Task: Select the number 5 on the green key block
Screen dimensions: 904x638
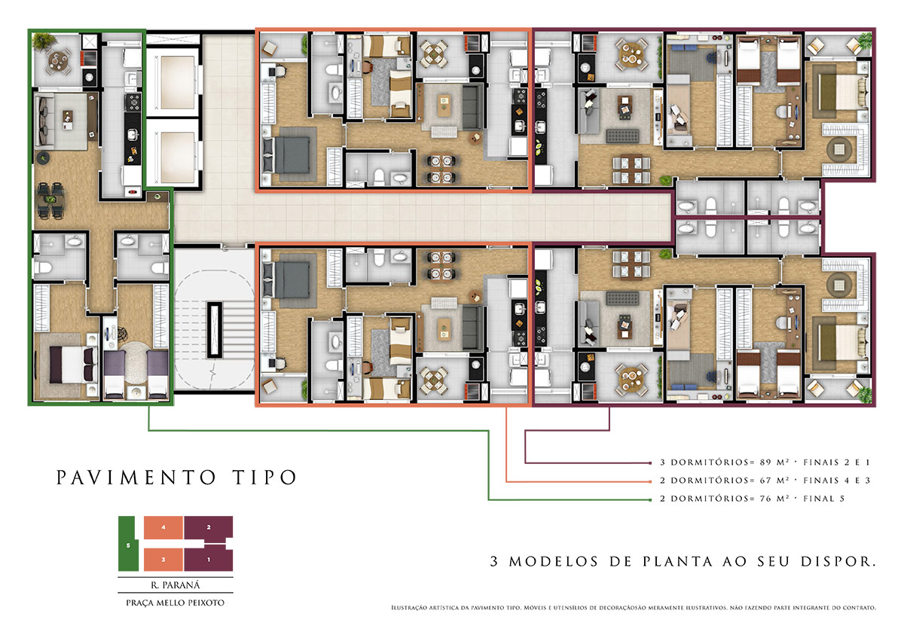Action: click(x=128, y=545)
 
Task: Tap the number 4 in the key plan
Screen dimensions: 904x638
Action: click(x=163, y=527)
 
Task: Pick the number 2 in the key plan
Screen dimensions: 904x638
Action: click(x=209, y=527)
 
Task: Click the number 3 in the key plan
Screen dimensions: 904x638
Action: click(x=163, y=560)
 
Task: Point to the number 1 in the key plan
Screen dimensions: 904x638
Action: click(x=209, y=560)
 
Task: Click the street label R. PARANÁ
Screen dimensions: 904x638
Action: click(x=176, y=585)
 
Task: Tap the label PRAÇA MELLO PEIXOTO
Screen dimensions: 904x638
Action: click(x=175, y=603)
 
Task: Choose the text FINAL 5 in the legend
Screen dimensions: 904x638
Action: click(x=823, y=499)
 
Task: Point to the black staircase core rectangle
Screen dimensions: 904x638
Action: click(x=215, y=330)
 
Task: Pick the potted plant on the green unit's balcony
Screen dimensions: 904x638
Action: click(x=44, y=41)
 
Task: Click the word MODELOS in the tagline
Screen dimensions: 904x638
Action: click(x=554, y=561)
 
